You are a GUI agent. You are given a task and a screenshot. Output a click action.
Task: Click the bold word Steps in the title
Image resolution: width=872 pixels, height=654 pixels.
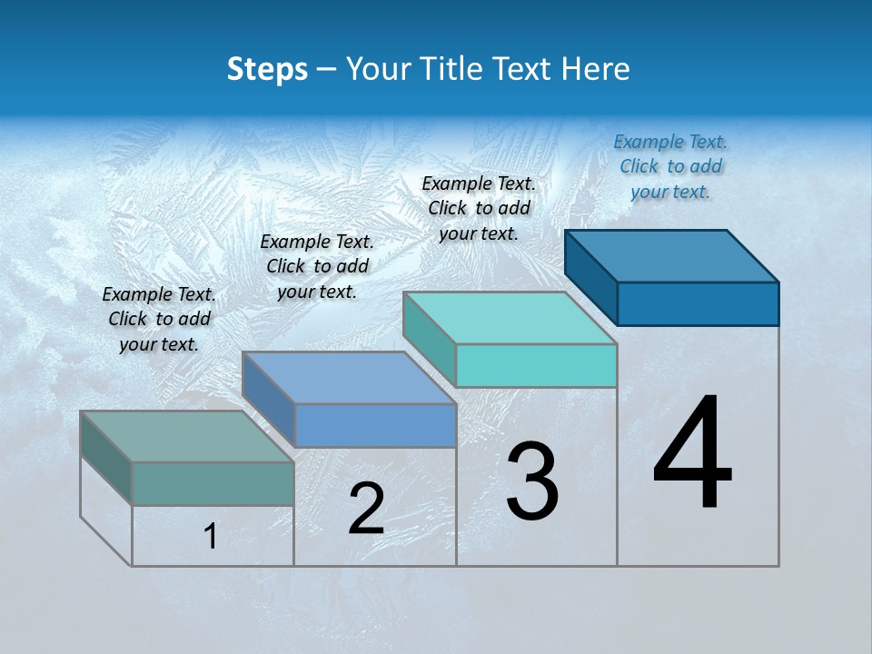[x=267, y=69]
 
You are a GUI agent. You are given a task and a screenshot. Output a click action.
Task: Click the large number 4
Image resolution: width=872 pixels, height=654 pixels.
[x=692, y=454]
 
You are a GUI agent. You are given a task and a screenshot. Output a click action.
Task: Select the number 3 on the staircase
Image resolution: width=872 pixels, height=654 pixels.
[x=531, y=481]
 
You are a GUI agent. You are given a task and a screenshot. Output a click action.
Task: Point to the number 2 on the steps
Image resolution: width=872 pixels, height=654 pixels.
[x=366, y=509]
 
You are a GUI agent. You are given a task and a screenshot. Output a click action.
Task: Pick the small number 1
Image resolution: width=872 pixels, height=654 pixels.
[x=210, y=537]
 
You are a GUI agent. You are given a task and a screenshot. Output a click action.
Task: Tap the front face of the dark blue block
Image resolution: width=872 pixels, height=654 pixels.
[x=698, y=303]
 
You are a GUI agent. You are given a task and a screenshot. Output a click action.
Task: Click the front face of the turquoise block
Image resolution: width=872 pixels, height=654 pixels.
[x=536, y=365]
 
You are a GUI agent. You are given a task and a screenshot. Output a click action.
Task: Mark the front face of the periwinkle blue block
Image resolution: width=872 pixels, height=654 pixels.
[x=375, y=425]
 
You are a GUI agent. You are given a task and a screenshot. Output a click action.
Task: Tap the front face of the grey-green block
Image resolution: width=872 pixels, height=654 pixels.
[x=213, y=483]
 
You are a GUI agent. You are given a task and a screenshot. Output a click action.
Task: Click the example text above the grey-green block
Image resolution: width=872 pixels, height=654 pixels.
[x=159, y=319]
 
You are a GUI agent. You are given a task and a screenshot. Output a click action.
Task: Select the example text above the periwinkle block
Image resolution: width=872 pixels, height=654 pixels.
[x=317, y=266]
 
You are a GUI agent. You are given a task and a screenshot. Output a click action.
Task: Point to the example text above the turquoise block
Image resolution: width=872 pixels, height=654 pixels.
[x=479, y=208]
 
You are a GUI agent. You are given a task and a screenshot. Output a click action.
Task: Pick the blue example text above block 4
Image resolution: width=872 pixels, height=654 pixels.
[x=670, y=166]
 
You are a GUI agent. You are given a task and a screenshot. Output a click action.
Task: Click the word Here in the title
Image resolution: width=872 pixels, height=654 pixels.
[x=597, y=69]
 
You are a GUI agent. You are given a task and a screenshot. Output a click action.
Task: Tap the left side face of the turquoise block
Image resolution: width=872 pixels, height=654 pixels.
[x=429, y=339]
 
